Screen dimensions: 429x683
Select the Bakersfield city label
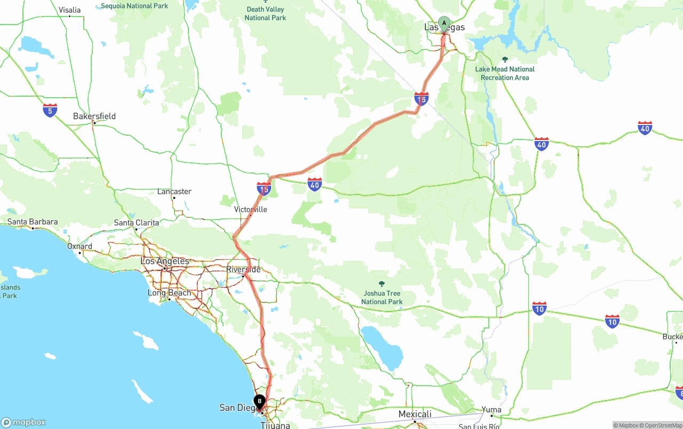[x=94, y=116]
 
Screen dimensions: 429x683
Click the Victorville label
[x=251, y=209]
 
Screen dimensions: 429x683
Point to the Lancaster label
[x=174, y=191]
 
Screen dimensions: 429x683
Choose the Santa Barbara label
[x=33, y=222]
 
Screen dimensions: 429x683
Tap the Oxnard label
[x=80, y=246]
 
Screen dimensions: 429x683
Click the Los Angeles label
[x=165, y=261]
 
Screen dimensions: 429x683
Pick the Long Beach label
[x=169, y=293]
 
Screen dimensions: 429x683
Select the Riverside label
[x=243, y=269]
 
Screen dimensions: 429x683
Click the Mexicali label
[x=415, y=414]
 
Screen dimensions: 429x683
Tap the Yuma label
[x=491, y=410]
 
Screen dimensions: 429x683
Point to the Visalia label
[x=70, y=10]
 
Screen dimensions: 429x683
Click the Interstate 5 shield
[x=50, y=111]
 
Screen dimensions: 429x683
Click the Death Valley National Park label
[x=265, y=13]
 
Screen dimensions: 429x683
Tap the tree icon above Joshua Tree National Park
[x=382, y=284]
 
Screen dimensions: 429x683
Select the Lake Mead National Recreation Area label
[x=505, y=73]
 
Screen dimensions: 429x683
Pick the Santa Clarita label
[x=137, y=223]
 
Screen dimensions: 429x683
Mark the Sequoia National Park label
[x=134, y=6]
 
